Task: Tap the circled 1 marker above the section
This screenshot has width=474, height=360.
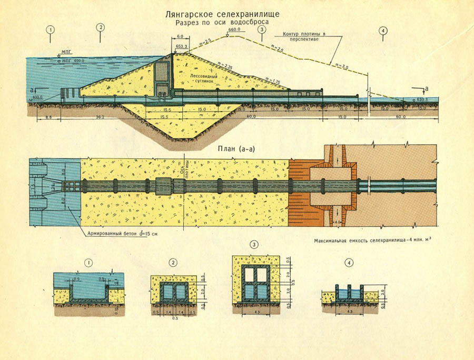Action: (x=51, y=30)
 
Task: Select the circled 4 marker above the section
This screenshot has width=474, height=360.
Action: (x=383, y=30)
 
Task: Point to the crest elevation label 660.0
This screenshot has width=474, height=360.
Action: (x=234, y=31)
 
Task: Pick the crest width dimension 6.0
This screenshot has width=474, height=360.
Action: (x=180, y=37)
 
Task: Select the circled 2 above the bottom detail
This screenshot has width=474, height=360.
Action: (x=172, y=262)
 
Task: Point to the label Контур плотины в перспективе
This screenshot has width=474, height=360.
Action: (x=304, y=38)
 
